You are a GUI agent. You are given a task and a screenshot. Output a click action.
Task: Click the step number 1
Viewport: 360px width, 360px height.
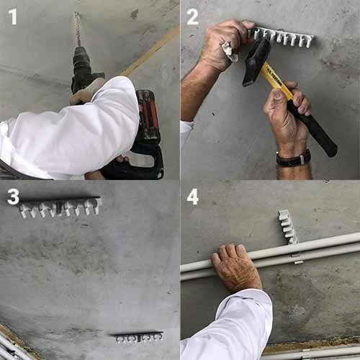[x=13, y=17]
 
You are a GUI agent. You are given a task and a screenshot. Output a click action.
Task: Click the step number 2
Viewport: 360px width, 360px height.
[x=192, y=17]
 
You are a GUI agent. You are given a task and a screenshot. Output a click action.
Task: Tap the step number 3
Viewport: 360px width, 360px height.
[x=13, y=197]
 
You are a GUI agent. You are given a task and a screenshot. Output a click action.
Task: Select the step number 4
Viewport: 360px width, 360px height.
[x=193, y=197]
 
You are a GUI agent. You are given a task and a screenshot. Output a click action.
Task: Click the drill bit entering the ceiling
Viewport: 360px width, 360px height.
[x=77, y=29]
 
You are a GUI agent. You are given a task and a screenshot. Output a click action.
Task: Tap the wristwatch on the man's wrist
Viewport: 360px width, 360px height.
[x=293, y=158]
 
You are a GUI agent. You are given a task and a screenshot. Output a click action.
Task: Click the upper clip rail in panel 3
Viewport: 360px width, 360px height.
[x=60, y=207]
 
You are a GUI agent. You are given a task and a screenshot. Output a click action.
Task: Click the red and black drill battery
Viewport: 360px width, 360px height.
[x=148, y=117]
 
